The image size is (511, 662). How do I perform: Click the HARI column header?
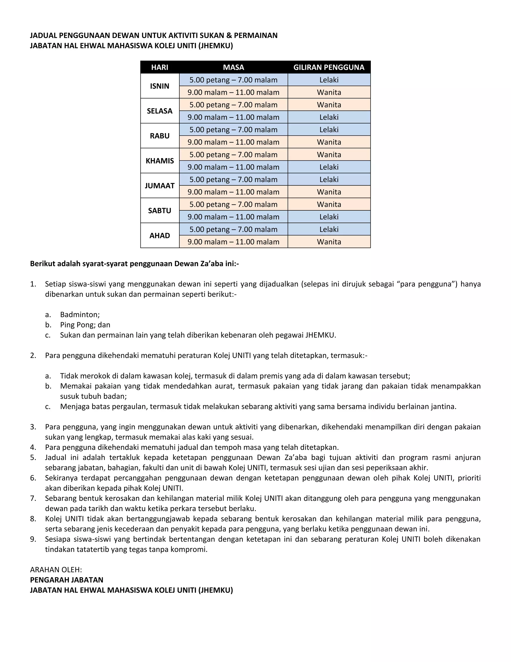pyautogui.click(x=159, y=67)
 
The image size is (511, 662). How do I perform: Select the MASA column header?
pyautogui.click(x=233, y=67)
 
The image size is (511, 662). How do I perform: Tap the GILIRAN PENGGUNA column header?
pyautogui.click(x=329, y=67)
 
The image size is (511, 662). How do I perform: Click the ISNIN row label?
pyautogui.click(x=159, y=86)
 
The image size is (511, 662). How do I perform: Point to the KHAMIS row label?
pyautogui.click(x=159, y=161)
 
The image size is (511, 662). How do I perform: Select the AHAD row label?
pyautogui.click(x=159, y=236)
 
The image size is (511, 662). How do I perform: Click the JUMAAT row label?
pyautogui.click(x=159, y=186)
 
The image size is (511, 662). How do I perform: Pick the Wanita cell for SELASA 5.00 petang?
pyautogui.click(x=329, y=105)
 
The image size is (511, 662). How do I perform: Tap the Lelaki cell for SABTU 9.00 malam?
pyautogui.click(x=329, y=217)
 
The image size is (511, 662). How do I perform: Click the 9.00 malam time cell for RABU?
pyautogui.click(x=233, y=142)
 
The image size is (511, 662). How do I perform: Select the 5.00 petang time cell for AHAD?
pyautogui.click(x=233, y=230)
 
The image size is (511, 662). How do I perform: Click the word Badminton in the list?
pyautogui.click(x=80, y=315)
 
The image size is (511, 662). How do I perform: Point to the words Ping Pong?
pyautogui.click(x=73, y=325)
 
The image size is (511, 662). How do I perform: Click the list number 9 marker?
pyautogui.click(x=33, y=539)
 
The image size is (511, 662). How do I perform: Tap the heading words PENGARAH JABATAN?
pyautogui.click(x=67, y=580)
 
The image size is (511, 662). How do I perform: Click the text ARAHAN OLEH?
pyautogui.click(x=56, y=570)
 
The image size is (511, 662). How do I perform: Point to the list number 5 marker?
pyautogui.click(x=33, y=457)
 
